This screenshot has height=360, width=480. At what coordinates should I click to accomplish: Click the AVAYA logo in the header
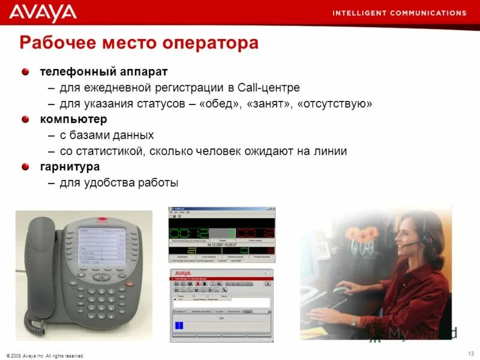pyautogui.click(x=43, y=13)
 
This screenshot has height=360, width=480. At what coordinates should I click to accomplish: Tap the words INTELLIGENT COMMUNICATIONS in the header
pyautogui.click(x=399, y=13)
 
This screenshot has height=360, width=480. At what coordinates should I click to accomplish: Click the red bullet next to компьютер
pyautogui.click(x=25, y=119)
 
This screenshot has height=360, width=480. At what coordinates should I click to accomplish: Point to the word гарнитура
pyautogui.click(x=70, y=167)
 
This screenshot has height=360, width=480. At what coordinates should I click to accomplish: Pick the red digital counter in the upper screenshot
pyautogui.click(x=254, y=233)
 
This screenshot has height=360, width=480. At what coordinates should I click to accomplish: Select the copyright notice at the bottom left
pyautogui.click(x=46, y=355)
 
